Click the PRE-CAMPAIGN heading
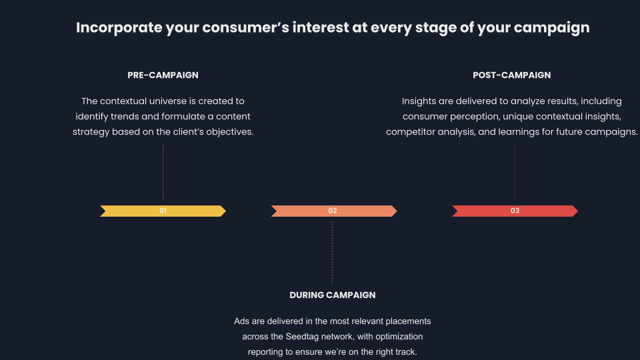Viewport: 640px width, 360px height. (163, 75)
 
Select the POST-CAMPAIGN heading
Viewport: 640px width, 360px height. (511, 75)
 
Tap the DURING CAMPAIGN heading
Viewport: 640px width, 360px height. (332, 295)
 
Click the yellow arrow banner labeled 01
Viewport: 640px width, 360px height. (163, 211)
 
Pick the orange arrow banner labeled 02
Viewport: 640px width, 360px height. (334, 211)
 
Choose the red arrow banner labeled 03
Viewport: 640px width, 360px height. (515, 211)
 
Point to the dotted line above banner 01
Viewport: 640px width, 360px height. (163, 172)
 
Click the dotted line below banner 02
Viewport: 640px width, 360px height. (332, 253)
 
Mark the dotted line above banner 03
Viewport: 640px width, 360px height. (515, 172)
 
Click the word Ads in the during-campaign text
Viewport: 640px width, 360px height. (241, 321)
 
